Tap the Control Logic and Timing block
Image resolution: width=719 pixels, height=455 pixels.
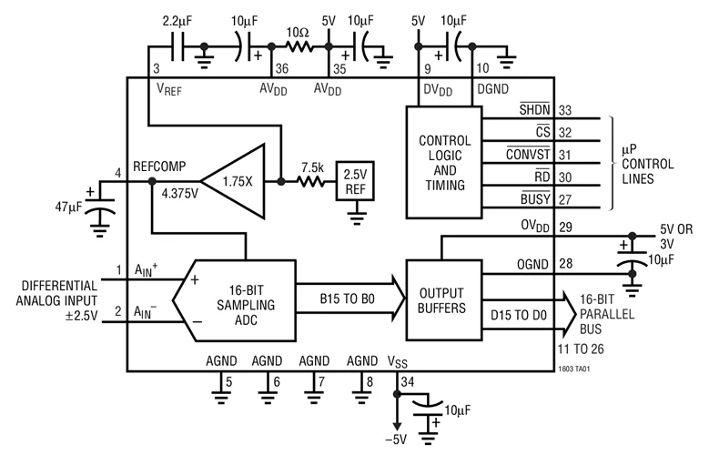(x=444, y=163)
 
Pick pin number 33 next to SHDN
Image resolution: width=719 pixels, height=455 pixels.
(x=565, y=110)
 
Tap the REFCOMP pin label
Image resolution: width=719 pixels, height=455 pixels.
(x=159, y=166)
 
